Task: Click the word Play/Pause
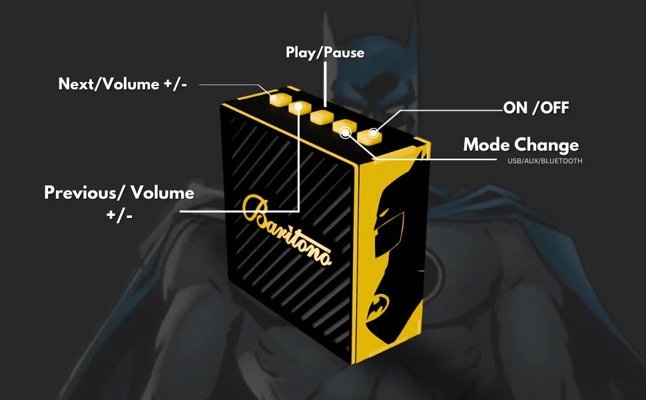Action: tap(325, 52)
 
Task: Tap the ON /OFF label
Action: tap(536, 108)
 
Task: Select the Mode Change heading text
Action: tap(521, 145)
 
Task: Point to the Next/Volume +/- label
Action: tap(123, 85)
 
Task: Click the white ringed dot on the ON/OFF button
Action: tap(373, 133)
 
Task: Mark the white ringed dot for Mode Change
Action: tap(345, 133)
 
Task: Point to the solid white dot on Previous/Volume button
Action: tap(299, 106)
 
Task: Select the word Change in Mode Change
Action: tap(547, 145)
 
